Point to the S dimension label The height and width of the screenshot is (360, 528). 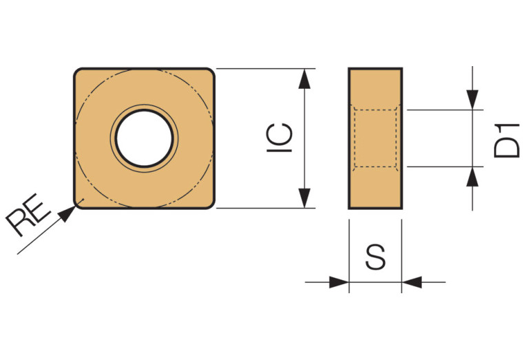[375, 257]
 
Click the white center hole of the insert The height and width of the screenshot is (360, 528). [144, 138]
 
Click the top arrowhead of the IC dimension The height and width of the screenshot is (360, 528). [304, 77]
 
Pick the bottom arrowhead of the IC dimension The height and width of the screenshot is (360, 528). [304, 199]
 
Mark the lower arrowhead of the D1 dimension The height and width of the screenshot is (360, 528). [473, 176]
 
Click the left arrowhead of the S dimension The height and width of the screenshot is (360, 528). [340, 282]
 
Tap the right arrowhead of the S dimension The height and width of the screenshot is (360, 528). [411, 282]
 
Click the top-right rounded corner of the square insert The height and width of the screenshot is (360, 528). [211, 72]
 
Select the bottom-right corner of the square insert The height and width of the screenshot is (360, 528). [211, 204]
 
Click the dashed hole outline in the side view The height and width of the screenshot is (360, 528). [354, 138]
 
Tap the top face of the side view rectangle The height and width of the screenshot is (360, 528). [375, 69]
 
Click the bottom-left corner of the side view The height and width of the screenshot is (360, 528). [350, 207]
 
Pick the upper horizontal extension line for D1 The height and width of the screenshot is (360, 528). [441, 109]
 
